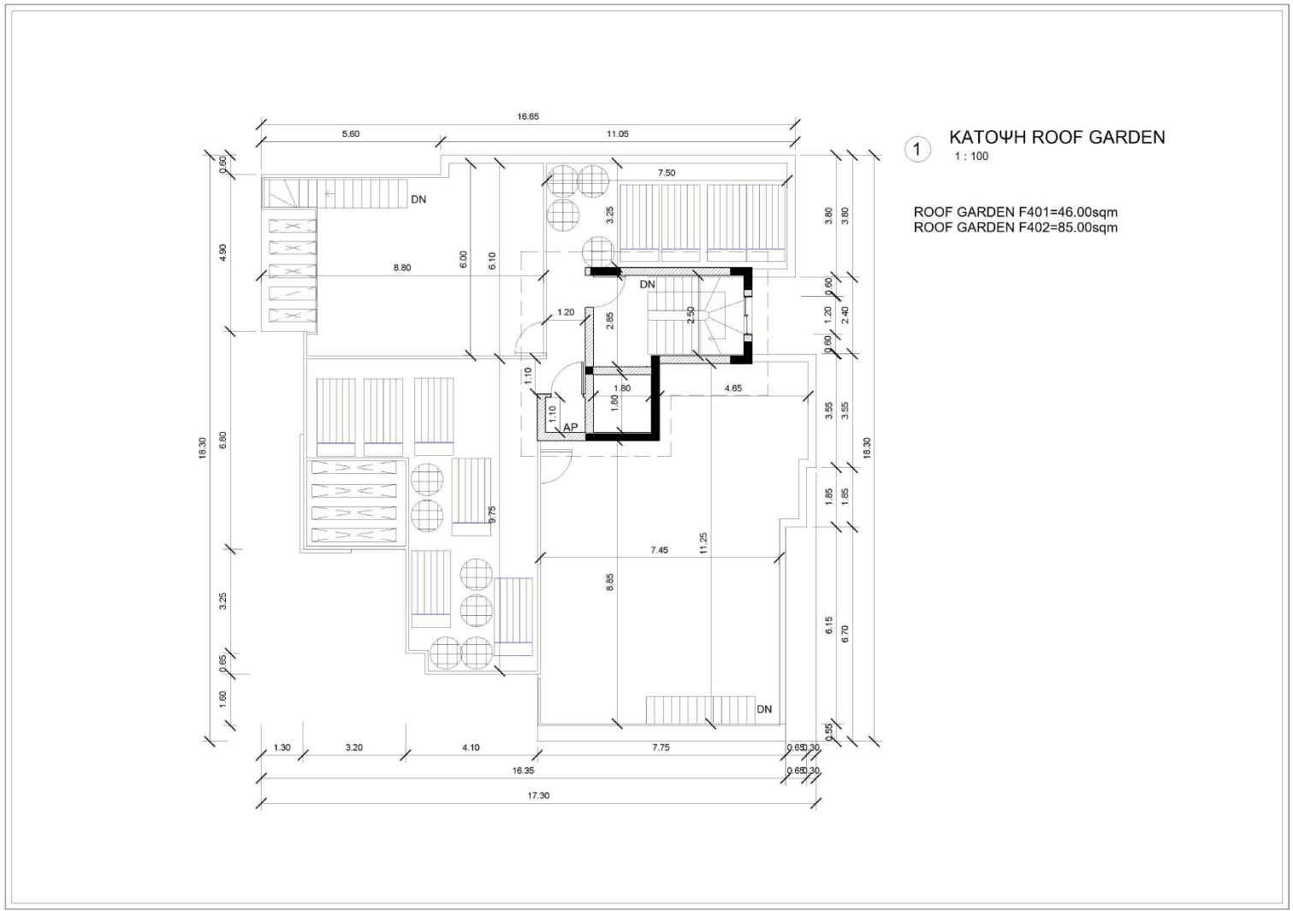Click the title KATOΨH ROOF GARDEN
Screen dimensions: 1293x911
tap(1057, 138)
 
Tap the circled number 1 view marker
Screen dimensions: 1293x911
tap(917, 150)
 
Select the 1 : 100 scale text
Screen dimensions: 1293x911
tap(971, 157)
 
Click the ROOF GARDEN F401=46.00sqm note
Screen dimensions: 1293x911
tap(1016, 212)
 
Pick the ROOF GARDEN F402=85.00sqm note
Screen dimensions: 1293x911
tap(1016, 228)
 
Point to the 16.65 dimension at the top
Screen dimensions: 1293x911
tap(528, 116)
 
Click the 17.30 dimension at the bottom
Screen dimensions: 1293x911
tap(538, 796)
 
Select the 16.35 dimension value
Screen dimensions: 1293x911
tap(523, 770)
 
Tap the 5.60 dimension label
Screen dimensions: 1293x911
tap(350, 133)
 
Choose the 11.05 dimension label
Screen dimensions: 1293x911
tap(617, 133)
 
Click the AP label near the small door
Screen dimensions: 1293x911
tap(570, 428)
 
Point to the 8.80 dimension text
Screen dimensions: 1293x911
tap(401, 268)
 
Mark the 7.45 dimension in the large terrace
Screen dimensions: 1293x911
tap(659, 550)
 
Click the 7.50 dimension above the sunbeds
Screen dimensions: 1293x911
tap(666, 173)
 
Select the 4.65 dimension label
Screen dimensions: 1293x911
tap(733, 388)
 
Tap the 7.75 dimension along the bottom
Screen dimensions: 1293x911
tap(661, 748)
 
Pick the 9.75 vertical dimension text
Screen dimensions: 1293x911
tap(492, 515)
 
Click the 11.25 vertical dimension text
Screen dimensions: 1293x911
tap(703, 543)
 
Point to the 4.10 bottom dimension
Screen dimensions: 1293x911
tap(471, 748)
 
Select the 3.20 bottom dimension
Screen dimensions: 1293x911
tap(354, 748)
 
